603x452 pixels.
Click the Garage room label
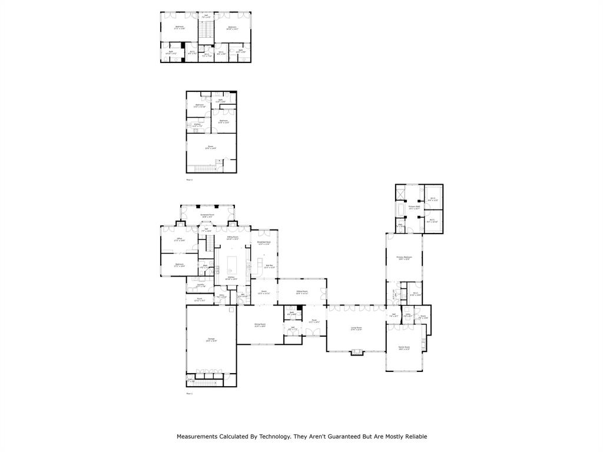(211, 340)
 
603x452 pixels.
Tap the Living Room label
(356, 329)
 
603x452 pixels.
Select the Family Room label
(404, 348)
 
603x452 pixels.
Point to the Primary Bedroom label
(404, 258)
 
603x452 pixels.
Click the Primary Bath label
(414, 207)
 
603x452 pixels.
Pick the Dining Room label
(260, 325)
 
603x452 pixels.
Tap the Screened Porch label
(207, 217)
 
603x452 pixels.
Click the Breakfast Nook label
(264, 243)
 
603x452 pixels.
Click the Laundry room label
(200, 285)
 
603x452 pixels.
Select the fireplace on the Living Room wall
(356, 353)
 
